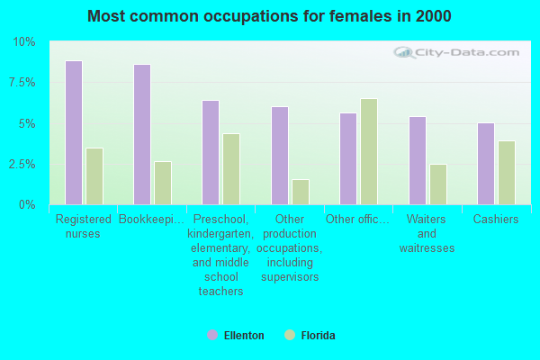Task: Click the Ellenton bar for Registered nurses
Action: pyautogui.click(x=74, y=133)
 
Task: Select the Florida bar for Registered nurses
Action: pyautogui.click(x=94, y=176)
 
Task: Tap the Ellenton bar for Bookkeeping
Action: pyautogui.click(x=142, y=135)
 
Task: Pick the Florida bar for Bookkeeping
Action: pyautogui.click(x=163, y=184)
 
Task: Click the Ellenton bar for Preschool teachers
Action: pyautogui.click(x=211, y=153)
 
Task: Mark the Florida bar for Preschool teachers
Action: pyautogui.click(x=231, y=169)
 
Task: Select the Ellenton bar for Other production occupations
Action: pyautogui.click(x=280, y=156)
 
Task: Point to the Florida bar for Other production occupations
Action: pyautogui.click(x=301, y=193)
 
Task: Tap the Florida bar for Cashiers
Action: pyautogui.click(x=507, y=173)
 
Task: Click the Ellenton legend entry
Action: pyautogui.click(x=236, y=336)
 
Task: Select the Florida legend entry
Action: pyautogui.click(x=310, y=336)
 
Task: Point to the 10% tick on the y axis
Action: pyautogui.click(x=23, y=42)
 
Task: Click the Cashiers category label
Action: pyautogui.click(x=496, y=220)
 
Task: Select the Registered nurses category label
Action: pyautogui.click(x=84, y=226)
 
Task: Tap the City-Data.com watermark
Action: pyautogui.click(x=459, y=53)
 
